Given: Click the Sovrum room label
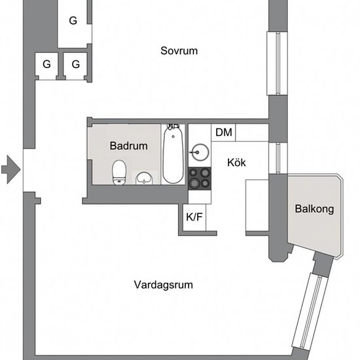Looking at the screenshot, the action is point(179,51).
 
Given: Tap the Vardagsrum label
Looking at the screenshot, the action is point(164,285).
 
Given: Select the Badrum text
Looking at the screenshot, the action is point(128,146).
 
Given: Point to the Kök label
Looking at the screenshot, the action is point(236,162).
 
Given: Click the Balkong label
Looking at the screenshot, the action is point(314,209).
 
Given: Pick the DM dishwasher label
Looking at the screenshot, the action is point(224,132).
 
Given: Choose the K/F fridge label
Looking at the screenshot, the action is point(194,217).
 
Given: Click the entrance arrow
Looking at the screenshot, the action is point(10,170).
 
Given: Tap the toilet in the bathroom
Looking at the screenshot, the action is point(119,172).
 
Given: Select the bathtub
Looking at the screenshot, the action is point(173,154).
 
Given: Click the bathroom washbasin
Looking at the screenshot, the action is point(144,179).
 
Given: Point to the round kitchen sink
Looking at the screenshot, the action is point(200,152).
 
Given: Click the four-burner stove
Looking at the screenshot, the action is point(200,179).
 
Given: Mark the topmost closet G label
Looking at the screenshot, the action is point(73,21).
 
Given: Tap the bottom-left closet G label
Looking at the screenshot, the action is point(46,64).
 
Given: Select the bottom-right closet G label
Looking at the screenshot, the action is point(75,64).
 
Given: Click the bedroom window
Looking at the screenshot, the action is point(277,63).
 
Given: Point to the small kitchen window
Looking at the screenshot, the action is point(278,158).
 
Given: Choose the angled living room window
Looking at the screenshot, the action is point(310,314).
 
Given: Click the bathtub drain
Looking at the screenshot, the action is point(173,137).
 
